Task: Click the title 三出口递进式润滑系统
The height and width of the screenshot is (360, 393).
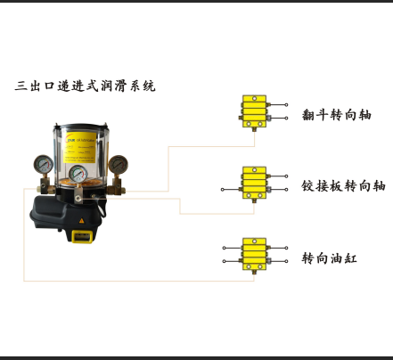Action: pos(85,86)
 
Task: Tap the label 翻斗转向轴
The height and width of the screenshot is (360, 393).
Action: pos(337,115)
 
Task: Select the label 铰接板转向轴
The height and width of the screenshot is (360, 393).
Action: pos(343,186)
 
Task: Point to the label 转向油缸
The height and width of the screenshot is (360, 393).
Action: pos(329,258)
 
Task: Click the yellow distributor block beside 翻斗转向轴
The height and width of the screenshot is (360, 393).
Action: pos(254,111)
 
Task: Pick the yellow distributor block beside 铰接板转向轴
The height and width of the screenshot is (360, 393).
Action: pos(254,183)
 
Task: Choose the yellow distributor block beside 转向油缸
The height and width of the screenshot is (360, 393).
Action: pos(254,254)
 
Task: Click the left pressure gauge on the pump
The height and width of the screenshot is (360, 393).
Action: pos(44,164)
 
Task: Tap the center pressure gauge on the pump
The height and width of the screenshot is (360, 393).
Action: pos(78,174)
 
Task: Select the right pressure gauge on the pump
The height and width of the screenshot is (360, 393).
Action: pos(119,164)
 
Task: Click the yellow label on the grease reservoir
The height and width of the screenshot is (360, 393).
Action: pos(80,147)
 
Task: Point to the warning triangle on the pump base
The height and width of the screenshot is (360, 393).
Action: pos(82,221)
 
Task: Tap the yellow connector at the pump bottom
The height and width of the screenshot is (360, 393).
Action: pos(82,236)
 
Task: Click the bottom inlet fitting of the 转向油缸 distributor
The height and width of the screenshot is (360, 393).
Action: pos(254,273)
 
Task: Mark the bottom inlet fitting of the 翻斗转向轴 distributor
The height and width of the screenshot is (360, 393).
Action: pos(254,130)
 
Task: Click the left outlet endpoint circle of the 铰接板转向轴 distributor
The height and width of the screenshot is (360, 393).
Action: pos(223,190)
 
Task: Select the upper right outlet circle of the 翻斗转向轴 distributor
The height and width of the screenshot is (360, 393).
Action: pos(286,104)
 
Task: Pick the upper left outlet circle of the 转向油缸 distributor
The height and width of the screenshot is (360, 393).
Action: pos(224,248)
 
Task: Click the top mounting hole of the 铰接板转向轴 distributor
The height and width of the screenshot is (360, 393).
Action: pos(254,170)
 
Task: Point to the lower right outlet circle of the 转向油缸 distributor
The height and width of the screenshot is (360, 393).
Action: pos(286,261)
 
